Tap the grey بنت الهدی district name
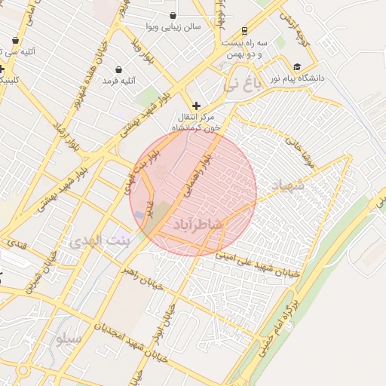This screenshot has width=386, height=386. coord(100,242)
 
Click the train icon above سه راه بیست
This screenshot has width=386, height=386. coord(245,31)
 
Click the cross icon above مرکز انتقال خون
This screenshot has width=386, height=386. coord(197,106)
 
